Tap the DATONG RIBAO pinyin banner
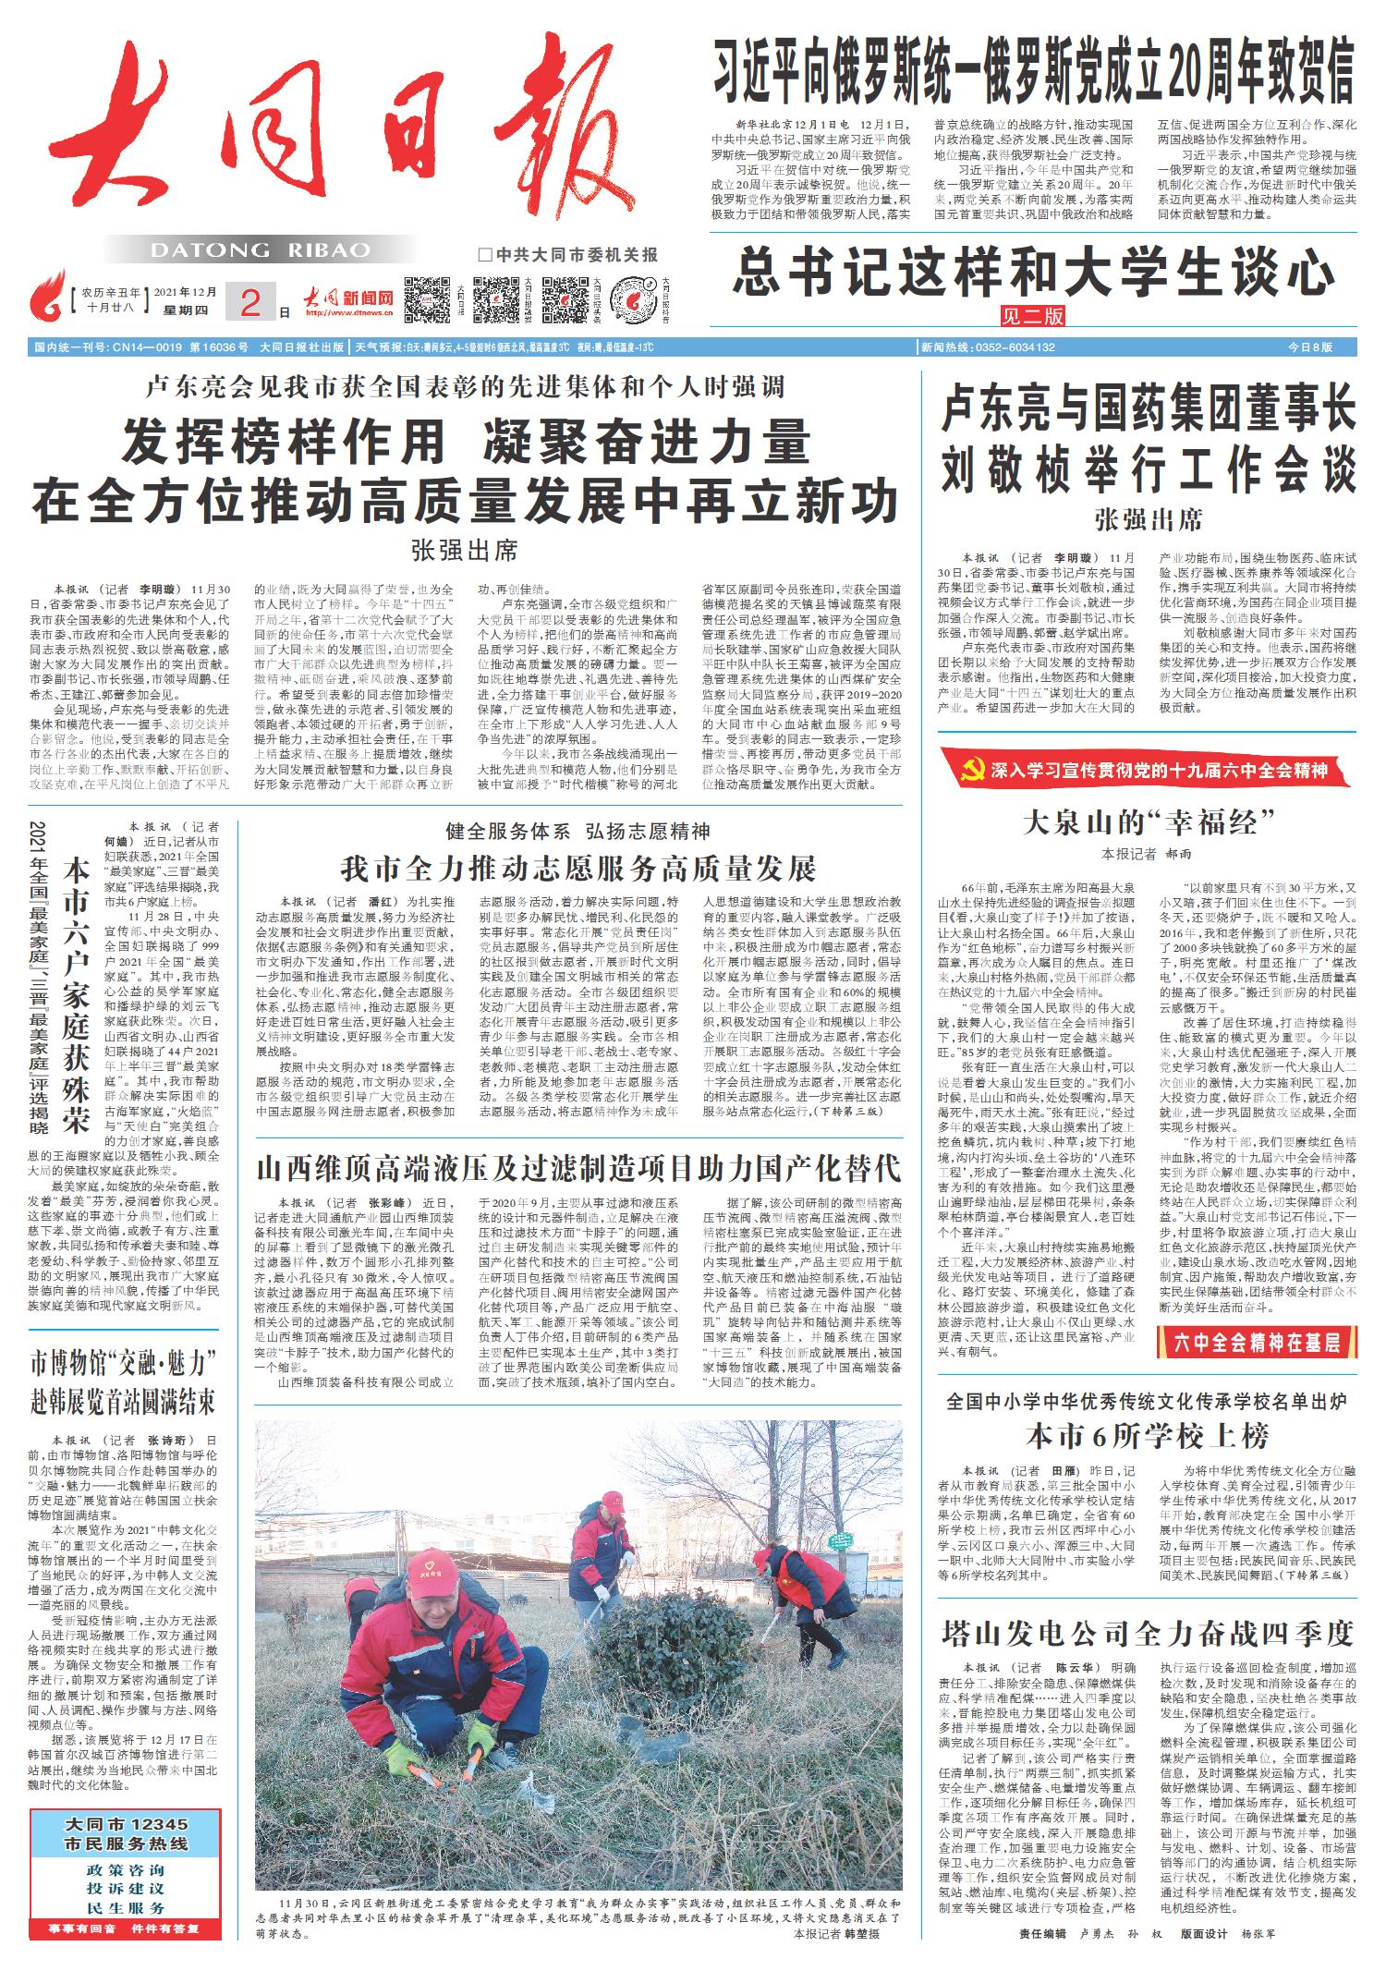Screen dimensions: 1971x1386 pos(259,250)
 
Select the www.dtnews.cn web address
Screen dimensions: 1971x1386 pos(349,313)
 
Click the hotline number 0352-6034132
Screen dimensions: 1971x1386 pos(1011,347)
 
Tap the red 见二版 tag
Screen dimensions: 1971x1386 pos(1033,315)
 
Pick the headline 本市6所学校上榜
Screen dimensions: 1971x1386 pos(1147,1435)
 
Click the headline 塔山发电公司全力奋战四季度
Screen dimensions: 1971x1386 pos(1147,1633)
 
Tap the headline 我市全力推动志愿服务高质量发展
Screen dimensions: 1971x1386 pos(577,870)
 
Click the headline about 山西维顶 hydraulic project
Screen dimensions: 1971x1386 pos(577,1167)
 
